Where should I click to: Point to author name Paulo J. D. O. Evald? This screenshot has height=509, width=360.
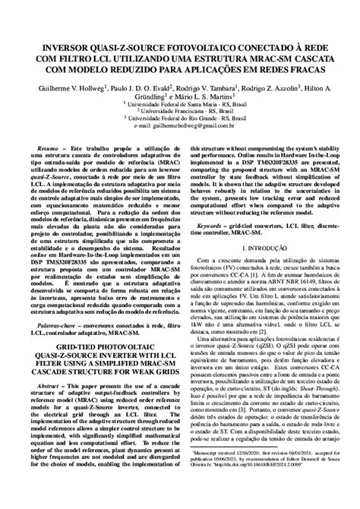pyautogui.click(x=134, y=89)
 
